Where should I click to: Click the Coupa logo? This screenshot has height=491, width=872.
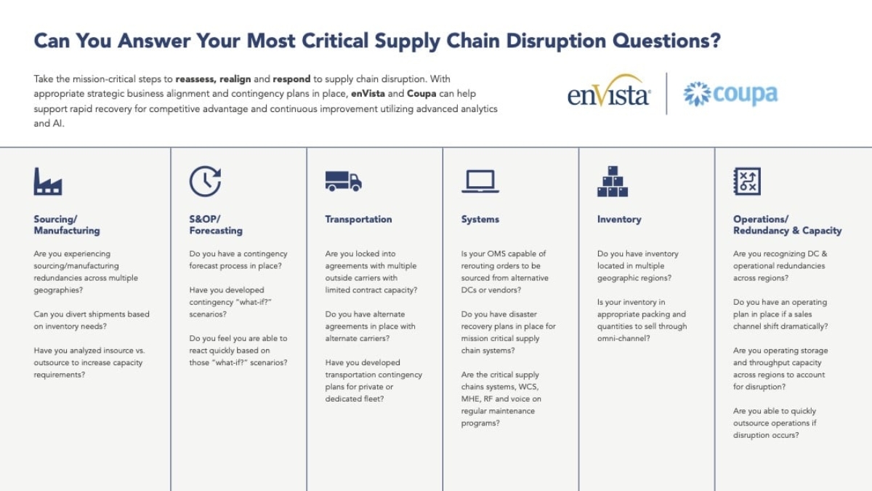point(730,94)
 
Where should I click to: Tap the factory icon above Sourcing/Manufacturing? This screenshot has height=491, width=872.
point(48,181)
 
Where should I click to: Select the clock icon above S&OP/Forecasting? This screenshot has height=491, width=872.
point(205,181)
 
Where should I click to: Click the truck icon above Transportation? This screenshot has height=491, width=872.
point(343,181)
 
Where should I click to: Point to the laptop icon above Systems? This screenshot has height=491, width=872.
point(480,181)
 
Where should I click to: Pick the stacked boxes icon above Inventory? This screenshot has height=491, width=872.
point(613,181)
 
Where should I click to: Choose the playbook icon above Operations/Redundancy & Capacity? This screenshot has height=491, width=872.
point(747,181)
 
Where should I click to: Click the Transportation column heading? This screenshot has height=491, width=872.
point(358,219)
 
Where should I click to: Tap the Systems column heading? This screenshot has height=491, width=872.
point(480,219)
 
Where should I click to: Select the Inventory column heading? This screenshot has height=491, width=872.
point(619,219)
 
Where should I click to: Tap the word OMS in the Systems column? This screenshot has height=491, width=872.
point(498,254)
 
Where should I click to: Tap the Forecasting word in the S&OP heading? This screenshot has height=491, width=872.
point(216,231)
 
